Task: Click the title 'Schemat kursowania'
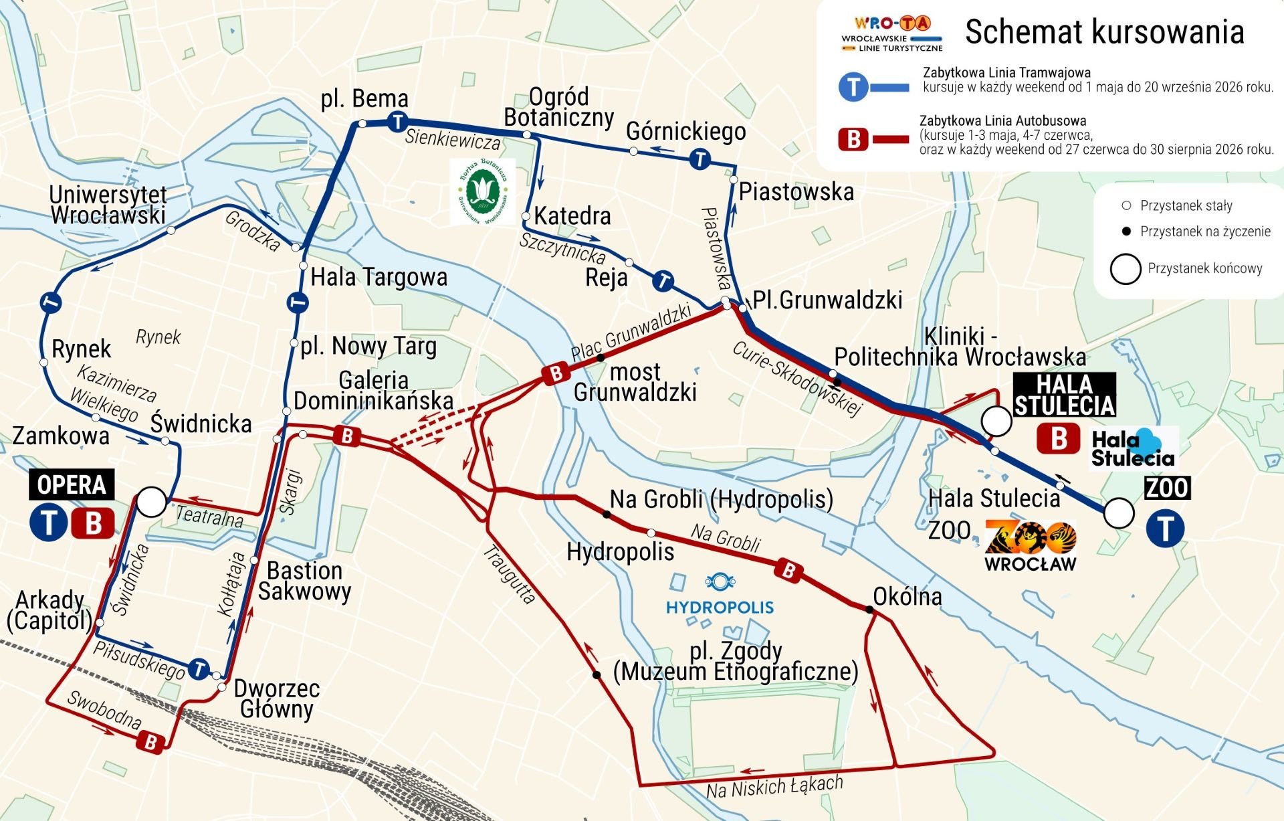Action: point(1104,32)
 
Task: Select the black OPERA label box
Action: point(72,484)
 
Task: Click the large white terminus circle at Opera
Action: point(151,502)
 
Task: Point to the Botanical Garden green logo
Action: point(482,191)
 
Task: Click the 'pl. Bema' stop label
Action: point(364,99)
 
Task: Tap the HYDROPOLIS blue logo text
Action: point(720,607)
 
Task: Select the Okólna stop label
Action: point(907,596)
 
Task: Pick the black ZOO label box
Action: point(1167,488)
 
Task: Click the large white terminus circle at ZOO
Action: point(1118,513)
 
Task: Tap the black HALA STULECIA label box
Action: point(1065,395)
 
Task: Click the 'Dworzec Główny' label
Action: point(276,699)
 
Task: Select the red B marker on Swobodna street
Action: point(150,741)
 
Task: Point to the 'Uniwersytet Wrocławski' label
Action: point(108,205)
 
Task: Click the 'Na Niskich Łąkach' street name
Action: point(774,787)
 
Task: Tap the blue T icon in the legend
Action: point(853,87)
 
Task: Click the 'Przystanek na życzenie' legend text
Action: point(1204,232)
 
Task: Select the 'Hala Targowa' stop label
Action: point(379,276)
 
